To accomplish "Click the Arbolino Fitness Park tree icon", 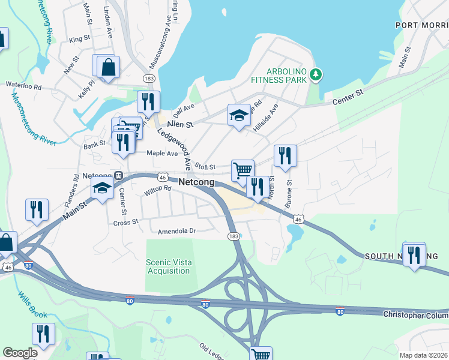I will coord(316,74).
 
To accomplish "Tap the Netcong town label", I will coord(197,179).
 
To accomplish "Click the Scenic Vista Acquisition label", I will coord(168,266).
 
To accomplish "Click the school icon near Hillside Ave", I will coord(239,114).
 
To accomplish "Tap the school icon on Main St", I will coord(102,188).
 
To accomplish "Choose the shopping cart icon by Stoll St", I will coord(242,170).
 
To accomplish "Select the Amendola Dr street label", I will coord(176,231).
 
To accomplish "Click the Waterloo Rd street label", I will coord(23,86).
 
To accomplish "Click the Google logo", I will coord(19,353).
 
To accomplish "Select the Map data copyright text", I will coord(424,355).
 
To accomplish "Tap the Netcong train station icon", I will coord(119,176).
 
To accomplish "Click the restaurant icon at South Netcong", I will coord(414,255).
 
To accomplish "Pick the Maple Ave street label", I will coord(163,154).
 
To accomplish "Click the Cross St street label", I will coord(126,222).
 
